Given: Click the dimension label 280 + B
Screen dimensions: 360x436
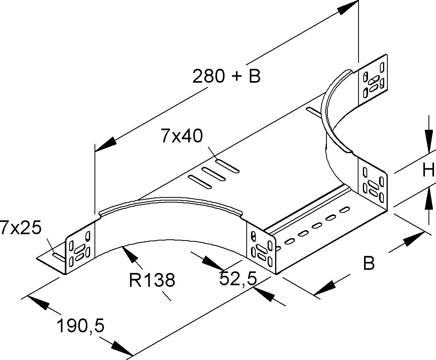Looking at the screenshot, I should [226, 76].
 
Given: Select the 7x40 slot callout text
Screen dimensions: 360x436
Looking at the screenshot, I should [181, 136].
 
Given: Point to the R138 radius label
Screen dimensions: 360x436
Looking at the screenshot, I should [152, 280].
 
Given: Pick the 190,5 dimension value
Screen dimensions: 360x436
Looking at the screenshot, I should [80, 327].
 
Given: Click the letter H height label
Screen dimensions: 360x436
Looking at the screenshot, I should [428, 171].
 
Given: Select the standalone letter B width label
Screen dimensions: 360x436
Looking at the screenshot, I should [369, 263].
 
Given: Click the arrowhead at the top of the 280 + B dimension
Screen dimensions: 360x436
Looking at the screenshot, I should [348, 8].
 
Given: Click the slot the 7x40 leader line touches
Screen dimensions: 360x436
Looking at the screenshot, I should [227, 166].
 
